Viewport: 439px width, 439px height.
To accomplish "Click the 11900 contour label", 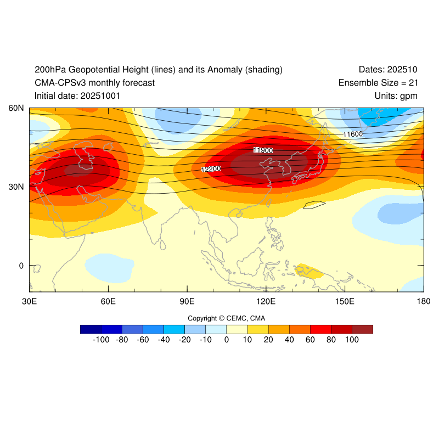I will [263, 150].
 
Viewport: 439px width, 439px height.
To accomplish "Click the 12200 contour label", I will [211, 169].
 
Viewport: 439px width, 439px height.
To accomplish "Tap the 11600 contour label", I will [353, 134].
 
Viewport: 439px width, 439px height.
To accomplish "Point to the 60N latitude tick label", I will [15, 108].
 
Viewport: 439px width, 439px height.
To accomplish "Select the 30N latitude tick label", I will [15, 187].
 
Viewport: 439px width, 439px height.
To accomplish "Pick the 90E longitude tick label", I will [187, 302].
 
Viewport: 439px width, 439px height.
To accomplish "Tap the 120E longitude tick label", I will [266, 302].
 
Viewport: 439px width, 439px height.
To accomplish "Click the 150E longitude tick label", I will [345, 302].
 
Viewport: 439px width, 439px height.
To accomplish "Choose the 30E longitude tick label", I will [29, 302].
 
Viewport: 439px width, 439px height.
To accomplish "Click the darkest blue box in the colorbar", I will [91, 329].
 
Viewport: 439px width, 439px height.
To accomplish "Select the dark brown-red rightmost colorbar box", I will [362, 329].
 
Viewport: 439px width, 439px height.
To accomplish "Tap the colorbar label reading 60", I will [310, 340].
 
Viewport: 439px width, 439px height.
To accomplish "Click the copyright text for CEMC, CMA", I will [226, 318].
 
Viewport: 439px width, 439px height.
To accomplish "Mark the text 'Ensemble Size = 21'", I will [378, 83].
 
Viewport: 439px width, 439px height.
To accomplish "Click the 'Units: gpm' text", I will [394, 96].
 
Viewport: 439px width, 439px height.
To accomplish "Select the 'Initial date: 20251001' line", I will [77, 96].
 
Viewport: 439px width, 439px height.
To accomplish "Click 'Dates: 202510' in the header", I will [388, 70].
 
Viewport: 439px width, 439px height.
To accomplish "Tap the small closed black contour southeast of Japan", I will [315, 205].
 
